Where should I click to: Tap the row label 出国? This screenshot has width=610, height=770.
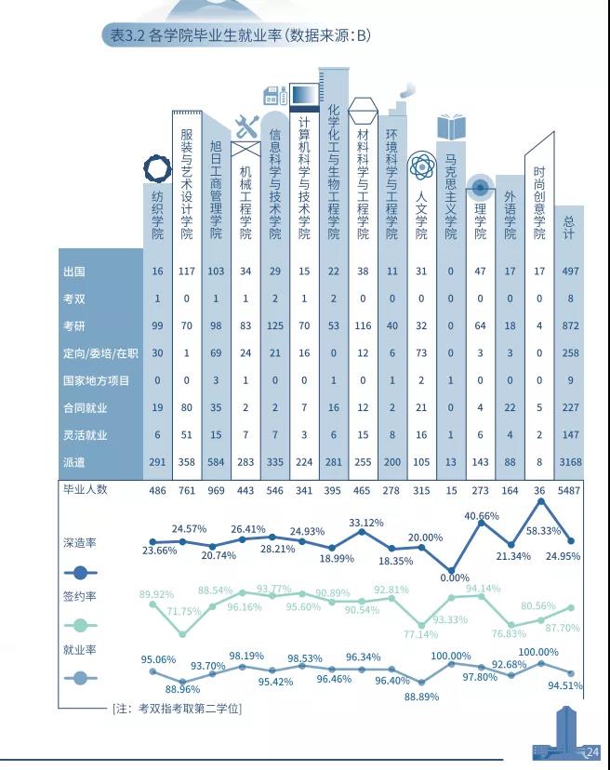click(x=74, y=271)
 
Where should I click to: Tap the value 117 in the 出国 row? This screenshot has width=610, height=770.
click(x=187, y=271)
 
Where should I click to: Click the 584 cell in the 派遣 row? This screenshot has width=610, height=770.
click(x=217, y=462)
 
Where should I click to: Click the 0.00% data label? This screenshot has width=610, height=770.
click(x=454, y=577)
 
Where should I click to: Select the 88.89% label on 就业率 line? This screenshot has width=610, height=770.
click(x=423, y=697)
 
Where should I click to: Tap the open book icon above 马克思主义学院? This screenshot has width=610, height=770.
click(x=451, y=127)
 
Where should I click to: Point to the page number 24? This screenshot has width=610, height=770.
click(x=592, y=751)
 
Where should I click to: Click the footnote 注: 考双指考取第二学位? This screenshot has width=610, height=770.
click(x=177, y=709)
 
